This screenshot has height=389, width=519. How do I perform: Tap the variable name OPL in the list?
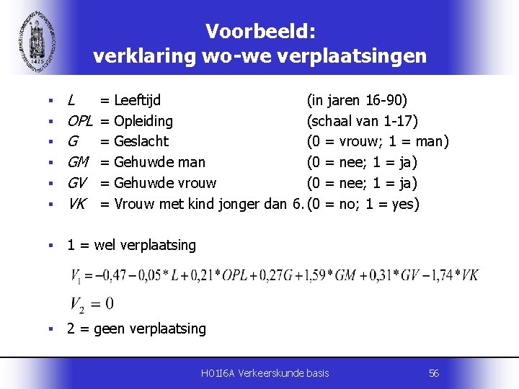point(80,120)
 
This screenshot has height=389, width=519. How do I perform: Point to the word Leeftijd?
point(138,99)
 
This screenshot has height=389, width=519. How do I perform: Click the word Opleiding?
point(144,120)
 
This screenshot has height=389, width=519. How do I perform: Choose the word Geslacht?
point(141,141)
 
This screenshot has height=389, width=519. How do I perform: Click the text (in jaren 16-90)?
point(357,99)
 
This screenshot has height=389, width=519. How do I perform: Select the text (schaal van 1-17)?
point(363,120)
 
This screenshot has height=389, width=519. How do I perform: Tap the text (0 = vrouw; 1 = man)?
point(378,141)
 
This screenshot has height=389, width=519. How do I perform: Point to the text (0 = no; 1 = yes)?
point(363,204)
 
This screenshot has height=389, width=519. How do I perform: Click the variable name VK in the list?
point(76,204)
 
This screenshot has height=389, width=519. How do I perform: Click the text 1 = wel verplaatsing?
point(131,245)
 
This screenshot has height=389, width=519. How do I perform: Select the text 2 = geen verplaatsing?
point(136,329)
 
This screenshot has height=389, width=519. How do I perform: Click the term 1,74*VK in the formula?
point(453,276)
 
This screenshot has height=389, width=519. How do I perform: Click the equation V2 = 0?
point(92,303)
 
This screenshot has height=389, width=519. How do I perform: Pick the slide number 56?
point(433,373)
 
